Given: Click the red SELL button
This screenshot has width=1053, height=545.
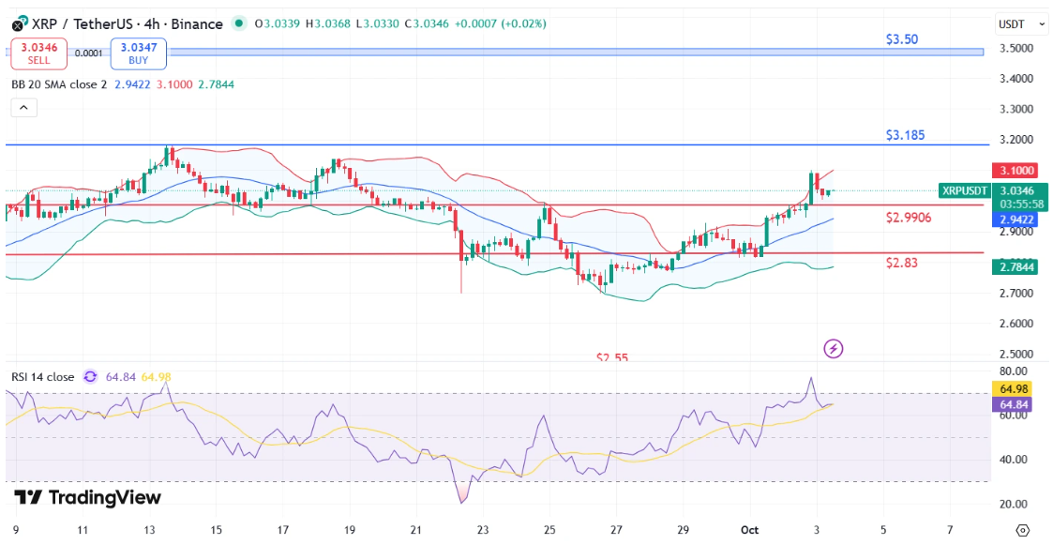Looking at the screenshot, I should (38, 53).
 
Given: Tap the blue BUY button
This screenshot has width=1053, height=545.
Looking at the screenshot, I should (138, 53).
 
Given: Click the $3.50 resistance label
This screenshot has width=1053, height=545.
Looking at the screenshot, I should (902, 40).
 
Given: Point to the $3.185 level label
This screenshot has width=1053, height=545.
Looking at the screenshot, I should (905, 135).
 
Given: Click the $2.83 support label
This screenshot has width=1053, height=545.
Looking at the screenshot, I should (901, 263).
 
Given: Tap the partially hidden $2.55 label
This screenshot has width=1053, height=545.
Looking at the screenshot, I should (612, 357).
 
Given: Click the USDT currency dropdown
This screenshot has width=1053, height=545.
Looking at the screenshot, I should (1021, 24).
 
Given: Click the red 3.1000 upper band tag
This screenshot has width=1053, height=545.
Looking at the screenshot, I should (1017, 171).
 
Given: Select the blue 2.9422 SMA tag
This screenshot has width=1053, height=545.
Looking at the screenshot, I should (1017, 219).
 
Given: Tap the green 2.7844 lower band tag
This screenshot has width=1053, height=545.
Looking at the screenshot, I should (1017, 267).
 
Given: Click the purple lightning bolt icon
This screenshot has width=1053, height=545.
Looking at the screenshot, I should (833, 349).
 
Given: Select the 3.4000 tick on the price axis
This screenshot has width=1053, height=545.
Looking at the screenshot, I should (1017, 79).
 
